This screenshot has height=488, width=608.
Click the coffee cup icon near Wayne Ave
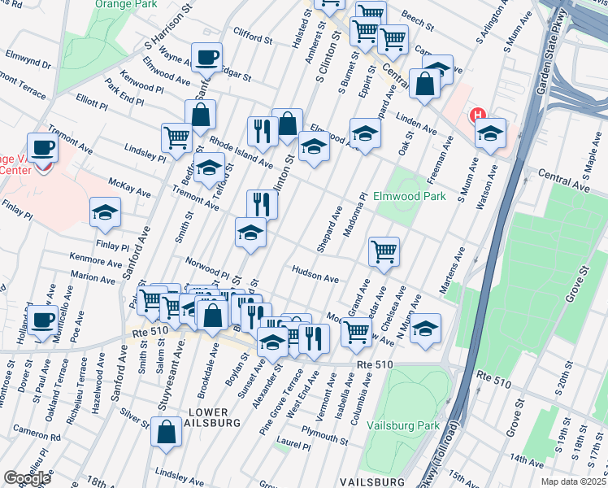[206, 56]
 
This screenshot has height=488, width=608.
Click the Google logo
[27, 478]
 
